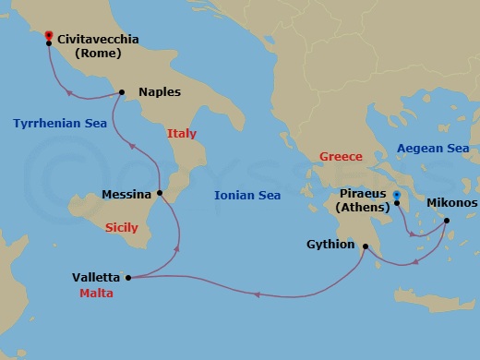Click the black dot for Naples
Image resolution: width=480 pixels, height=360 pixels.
point(121,91)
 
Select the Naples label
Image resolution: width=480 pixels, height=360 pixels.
point(159,92)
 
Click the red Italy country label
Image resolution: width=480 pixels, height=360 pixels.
point(182,134)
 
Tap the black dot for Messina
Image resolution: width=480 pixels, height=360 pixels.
point(160,193)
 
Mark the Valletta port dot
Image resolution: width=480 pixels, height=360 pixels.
point(128,277)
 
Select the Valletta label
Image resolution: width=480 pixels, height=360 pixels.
point(96,277)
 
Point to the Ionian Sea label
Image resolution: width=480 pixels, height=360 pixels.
point(246,195)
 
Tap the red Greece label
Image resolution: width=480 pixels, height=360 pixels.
point(340,157)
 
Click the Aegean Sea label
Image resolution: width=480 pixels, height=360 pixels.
point(432,148)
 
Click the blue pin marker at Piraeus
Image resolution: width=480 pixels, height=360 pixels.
point(396,196)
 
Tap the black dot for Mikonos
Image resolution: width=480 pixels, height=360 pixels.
point(447,221)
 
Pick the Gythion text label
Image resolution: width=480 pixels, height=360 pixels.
point(331,246)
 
